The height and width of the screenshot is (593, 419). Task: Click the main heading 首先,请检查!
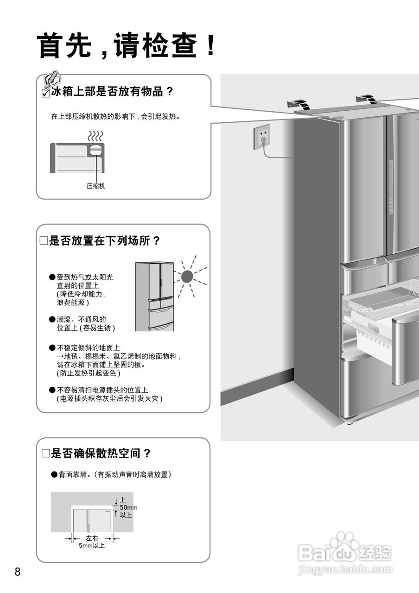(x=127, y=46)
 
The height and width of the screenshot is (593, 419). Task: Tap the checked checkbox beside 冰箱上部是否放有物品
(x=45, y=93)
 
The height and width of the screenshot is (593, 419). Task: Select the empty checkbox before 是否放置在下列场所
(x=44, y=241)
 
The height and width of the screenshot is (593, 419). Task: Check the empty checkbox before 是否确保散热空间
(x=45, y=454)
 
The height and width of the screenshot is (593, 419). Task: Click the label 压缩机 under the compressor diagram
(x=96, y=186)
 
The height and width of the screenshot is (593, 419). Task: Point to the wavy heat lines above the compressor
(x=95, y=136)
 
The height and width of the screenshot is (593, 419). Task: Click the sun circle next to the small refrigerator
(x=187, y=277)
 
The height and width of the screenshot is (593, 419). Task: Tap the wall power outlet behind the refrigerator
(x=262, y=137)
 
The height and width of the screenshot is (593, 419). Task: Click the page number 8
(x=18, y=571)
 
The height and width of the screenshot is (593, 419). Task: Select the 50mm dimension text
(x=128, y=508)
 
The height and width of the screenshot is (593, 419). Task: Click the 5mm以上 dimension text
(x=92, y=545)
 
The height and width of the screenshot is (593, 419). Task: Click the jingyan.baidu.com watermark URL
(x=345, y=569)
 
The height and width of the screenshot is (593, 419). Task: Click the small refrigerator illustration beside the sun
(x=154, y=296)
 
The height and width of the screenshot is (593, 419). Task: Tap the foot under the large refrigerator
(x=349, y=422)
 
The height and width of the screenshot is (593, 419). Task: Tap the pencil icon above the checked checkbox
(x=52, y=79)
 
